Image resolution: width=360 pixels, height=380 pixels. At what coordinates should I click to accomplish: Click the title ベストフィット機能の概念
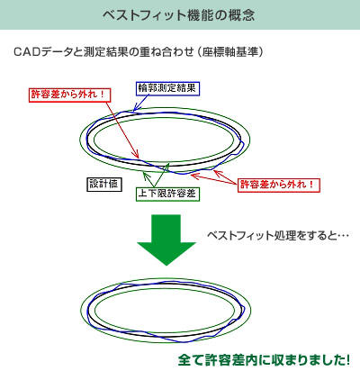pos(179,15)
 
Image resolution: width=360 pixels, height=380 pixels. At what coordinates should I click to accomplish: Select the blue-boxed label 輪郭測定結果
pos(166,88)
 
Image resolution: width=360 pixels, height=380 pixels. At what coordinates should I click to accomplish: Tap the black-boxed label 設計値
pos(103,184)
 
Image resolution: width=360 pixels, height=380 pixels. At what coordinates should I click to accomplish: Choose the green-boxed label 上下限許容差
pos(167,194)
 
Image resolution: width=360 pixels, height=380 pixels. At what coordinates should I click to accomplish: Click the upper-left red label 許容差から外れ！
pos(70,95)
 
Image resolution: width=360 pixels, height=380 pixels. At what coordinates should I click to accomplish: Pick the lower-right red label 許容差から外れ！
pos(279,185)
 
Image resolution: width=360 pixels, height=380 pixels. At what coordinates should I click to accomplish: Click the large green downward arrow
pos(166,240)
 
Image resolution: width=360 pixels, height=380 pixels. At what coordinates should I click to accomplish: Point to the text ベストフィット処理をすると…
pos(278,235)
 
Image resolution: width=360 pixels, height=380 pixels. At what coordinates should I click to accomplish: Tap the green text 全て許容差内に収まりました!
pos(264,360)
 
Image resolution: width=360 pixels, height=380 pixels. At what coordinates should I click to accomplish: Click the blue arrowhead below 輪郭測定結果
pos(136,107)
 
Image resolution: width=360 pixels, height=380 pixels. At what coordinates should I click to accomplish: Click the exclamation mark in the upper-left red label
pos(102,95)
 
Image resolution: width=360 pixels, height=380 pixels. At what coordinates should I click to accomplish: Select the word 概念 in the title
pos(241,15)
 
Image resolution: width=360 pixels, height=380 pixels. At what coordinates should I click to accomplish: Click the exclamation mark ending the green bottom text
pos(347,360)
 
